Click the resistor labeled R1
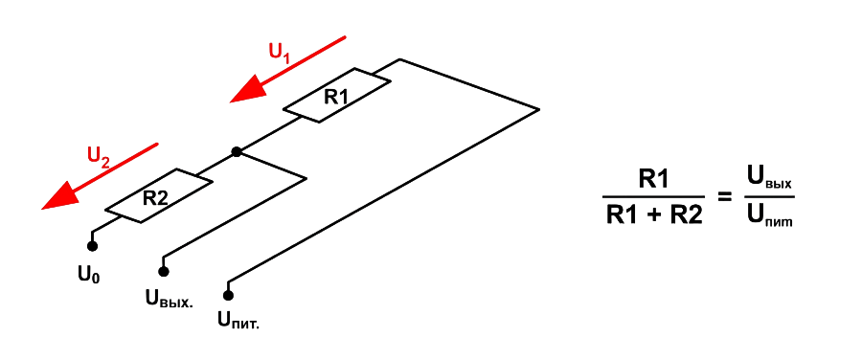click(337, 95)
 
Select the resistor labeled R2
click(158, 195)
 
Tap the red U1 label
click(280, 54)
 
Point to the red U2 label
click(100, 157)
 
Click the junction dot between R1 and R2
click(237, 151)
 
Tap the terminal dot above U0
click(92, 246)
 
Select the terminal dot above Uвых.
click(163, 271)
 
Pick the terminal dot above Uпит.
click(228, 296)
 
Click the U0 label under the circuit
click(89, 274)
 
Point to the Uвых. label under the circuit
click(170, 298)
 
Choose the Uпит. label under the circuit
click(238, 320)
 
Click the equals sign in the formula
click(725, 195)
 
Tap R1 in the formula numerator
click(653, 179)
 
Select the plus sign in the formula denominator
click(654, 215)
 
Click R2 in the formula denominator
click(686, 214)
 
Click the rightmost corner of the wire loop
click(539, 109)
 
